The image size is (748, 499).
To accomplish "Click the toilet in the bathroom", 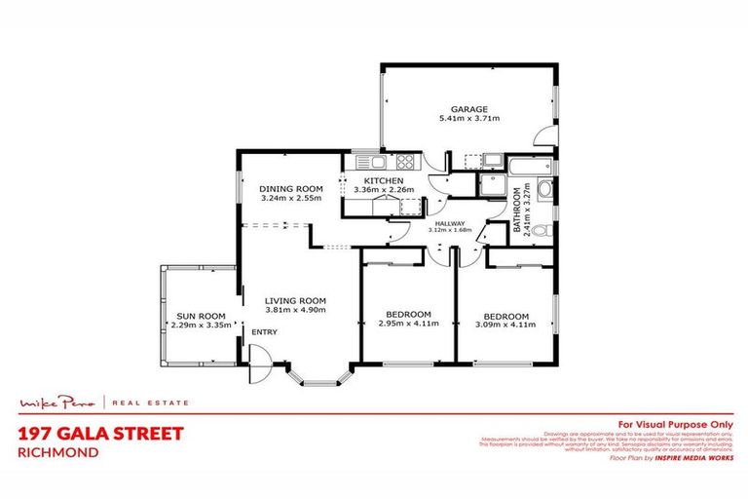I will click(544, 231).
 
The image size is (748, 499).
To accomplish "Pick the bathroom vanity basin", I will click(545, 190).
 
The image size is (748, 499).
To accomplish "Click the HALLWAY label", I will click(448, 222).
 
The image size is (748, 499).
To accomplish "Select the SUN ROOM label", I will click(201, 316).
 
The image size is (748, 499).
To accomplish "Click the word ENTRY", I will click(264, 332).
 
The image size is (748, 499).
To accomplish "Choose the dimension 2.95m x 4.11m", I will click(407, 325).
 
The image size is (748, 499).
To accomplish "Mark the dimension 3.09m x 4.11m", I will click(506, 327).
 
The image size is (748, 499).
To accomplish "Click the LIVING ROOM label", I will click(295, 300).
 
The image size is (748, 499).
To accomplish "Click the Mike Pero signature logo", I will click(61, 402).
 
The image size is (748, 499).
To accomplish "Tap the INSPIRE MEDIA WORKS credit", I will click(693, 457).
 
